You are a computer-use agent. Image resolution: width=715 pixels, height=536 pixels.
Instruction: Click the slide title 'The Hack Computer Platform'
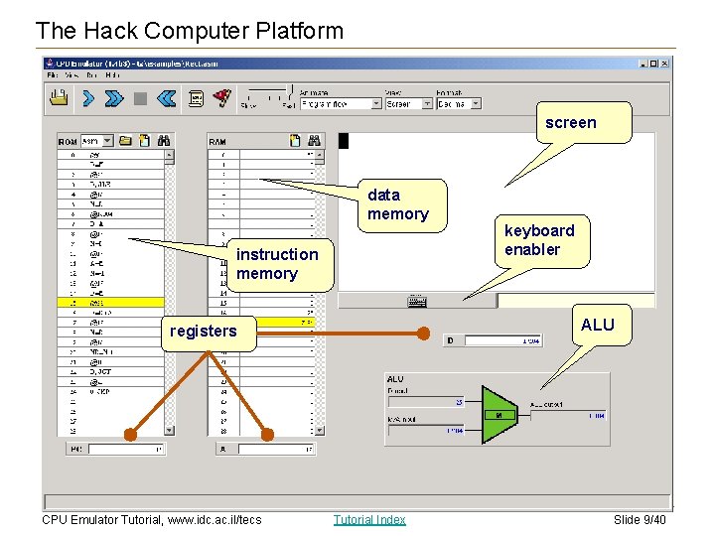click(189, 31)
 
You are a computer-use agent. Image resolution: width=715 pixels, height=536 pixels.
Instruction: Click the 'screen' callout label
click(571, 123)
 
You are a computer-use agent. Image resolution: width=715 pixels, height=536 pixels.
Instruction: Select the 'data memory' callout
click(397, 204)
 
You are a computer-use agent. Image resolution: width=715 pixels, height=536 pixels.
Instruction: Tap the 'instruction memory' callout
click(277, 264)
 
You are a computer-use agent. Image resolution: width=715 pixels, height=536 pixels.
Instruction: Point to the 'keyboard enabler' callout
click(539, 240)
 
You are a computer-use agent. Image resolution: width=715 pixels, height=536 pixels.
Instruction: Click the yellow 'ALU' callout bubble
click(598, 325)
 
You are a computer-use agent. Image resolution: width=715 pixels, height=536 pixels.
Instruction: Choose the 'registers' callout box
click(204, 332)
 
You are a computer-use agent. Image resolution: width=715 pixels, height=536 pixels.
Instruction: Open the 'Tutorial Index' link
click(369, 519)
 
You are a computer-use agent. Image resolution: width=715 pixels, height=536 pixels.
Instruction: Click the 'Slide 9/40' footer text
click(640, 519)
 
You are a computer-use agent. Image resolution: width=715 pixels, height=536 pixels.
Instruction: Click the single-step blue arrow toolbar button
click(88, 98)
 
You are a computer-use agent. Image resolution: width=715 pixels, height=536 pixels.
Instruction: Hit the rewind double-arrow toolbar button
click(166, 98)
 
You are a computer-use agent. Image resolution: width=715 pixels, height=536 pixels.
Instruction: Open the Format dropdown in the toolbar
click(460, 103)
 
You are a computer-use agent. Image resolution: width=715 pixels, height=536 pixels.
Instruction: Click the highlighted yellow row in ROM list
click(109, 303)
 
